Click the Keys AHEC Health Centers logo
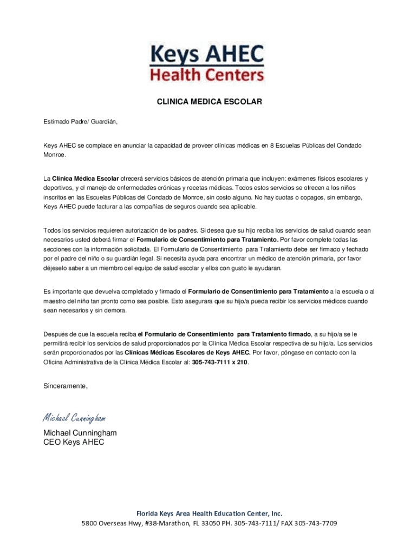click(x=208, y=63)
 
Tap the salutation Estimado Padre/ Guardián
click(x=80, y=122)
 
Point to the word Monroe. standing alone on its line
click(x=55, y=155)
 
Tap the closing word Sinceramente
click(x=65, y=386)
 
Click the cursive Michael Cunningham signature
click(x=74, y=418)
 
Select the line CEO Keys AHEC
click(x=74, y=442)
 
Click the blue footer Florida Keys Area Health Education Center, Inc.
click(x=209, y=513)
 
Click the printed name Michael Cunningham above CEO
click(x=80, y=433)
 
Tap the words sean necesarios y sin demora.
click(x=84, y=311)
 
